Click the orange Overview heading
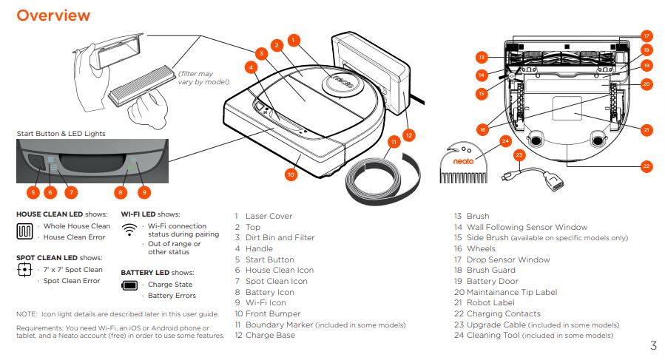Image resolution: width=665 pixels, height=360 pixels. tap(53, 16)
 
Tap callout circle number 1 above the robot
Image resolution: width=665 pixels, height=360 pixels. tap(294, 39)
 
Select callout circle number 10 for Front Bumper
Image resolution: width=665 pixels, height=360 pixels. tap(291, 174)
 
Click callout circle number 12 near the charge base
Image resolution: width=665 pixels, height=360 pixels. tap(408, 135)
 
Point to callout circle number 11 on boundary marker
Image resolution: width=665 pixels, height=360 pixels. tap(394, 141)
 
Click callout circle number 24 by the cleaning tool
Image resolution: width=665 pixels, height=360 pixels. tap(505, 140)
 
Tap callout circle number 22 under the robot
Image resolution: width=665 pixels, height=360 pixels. tap(646, 166)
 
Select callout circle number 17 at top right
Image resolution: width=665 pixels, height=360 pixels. tap(646, 35)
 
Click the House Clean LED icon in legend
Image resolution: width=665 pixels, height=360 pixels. tap(27, 231)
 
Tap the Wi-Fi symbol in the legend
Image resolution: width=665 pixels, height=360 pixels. tap(129, 230)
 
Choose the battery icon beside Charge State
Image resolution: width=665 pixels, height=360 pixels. tap(130, 285)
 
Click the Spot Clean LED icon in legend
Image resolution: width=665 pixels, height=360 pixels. tap(26, 271)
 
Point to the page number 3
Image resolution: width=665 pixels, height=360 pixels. tap(653, 346)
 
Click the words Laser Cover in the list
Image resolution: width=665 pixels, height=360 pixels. tap(269, 217)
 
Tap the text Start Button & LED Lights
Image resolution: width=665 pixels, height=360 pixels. tap(61, 133)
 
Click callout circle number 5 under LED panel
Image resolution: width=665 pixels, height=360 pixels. tap(33, 192)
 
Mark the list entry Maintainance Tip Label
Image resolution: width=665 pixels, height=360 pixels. tap(511, 292)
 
